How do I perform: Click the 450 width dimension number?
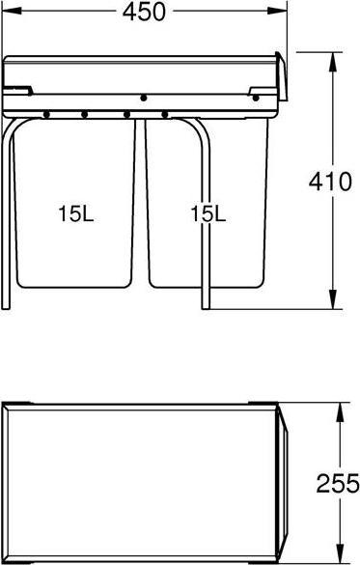pyautogui.click(x=144, y=13)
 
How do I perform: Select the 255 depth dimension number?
pyautogui.click(x=339, y=483)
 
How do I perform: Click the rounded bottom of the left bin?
pyautogui.click(x=75, y=287)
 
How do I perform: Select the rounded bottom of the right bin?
pyautogui.click(x=207, y=287)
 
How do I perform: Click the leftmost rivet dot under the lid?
pyautogui.click(x=45, y=115)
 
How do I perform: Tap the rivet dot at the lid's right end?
pyautogui.click(x=256, y=97)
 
